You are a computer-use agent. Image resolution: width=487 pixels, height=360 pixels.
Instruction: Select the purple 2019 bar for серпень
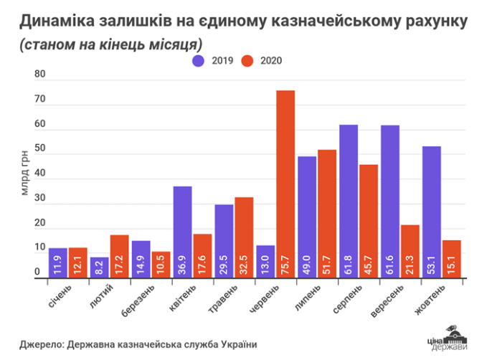point(349,201)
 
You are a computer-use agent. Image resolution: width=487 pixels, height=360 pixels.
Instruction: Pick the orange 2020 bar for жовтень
point(452,258)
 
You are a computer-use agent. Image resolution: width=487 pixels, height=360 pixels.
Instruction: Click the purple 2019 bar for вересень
point(390,201)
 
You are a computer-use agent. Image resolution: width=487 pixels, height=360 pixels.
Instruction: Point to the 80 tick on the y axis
point(40,75)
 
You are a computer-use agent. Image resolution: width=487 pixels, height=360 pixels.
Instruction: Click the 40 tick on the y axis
point(40,174)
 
